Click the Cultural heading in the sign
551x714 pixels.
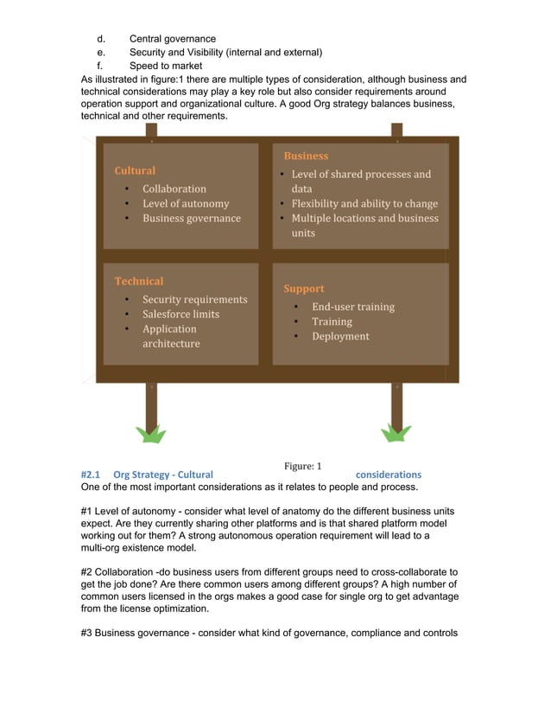pos(135,170)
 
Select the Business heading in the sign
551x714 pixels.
pos(306,156)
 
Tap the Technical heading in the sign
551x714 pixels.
pos(138,281)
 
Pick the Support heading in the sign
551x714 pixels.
pos(304,288)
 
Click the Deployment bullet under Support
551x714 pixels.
pos(340,336)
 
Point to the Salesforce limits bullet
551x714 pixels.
pos(180,314)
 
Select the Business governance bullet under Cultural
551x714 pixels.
pos(191,218)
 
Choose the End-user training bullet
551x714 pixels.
pos(352,307)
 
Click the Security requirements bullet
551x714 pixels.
pos(194,299)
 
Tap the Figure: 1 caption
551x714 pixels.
pos(302,466)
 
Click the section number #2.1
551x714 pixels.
pos(91,475)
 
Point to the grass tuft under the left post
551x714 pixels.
pos(151,433)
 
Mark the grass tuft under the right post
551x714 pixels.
pos(396,433)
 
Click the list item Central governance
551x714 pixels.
pos(172,39)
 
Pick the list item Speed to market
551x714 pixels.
pos(166,66)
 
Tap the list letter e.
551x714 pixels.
pos(100,52)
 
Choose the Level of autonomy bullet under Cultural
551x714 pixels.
pos(186,203)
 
